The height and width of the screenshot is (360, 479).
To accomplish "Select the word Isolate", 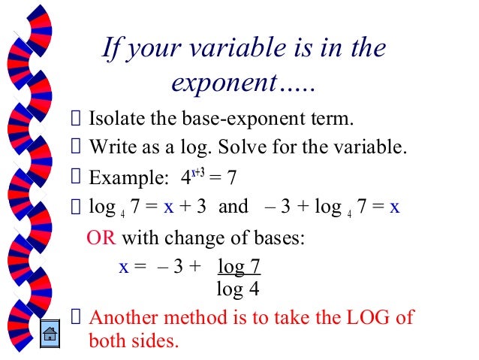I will [x=113, y=119].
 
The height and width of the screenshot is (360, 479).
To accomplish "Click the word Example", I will [x=121, y=178].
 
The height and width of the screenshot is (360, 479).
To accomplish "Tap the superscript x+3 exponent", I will [x=199, y=172].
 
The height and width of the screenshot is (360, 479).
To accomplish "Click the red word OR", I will [x=101, y=238].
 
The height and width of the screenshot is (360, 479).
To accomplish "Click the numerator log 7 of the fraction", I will [x=239, y=267].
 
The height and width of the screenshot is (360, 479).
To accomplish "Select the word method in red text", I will [x=203, y=316].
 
